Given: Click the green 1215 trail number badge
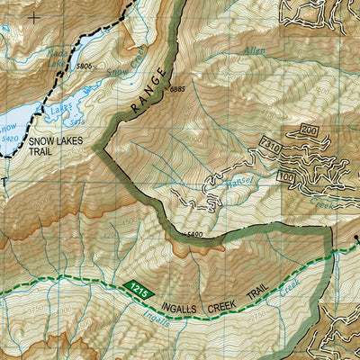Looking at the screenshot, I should tap(137, 290).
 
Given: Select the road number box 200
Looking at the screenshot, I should tap(310, 131).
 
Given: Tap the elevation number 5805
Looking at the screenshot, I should tap(85, 67).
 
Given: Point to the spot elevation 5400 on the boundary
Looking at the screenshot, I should tap(191, 235).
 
